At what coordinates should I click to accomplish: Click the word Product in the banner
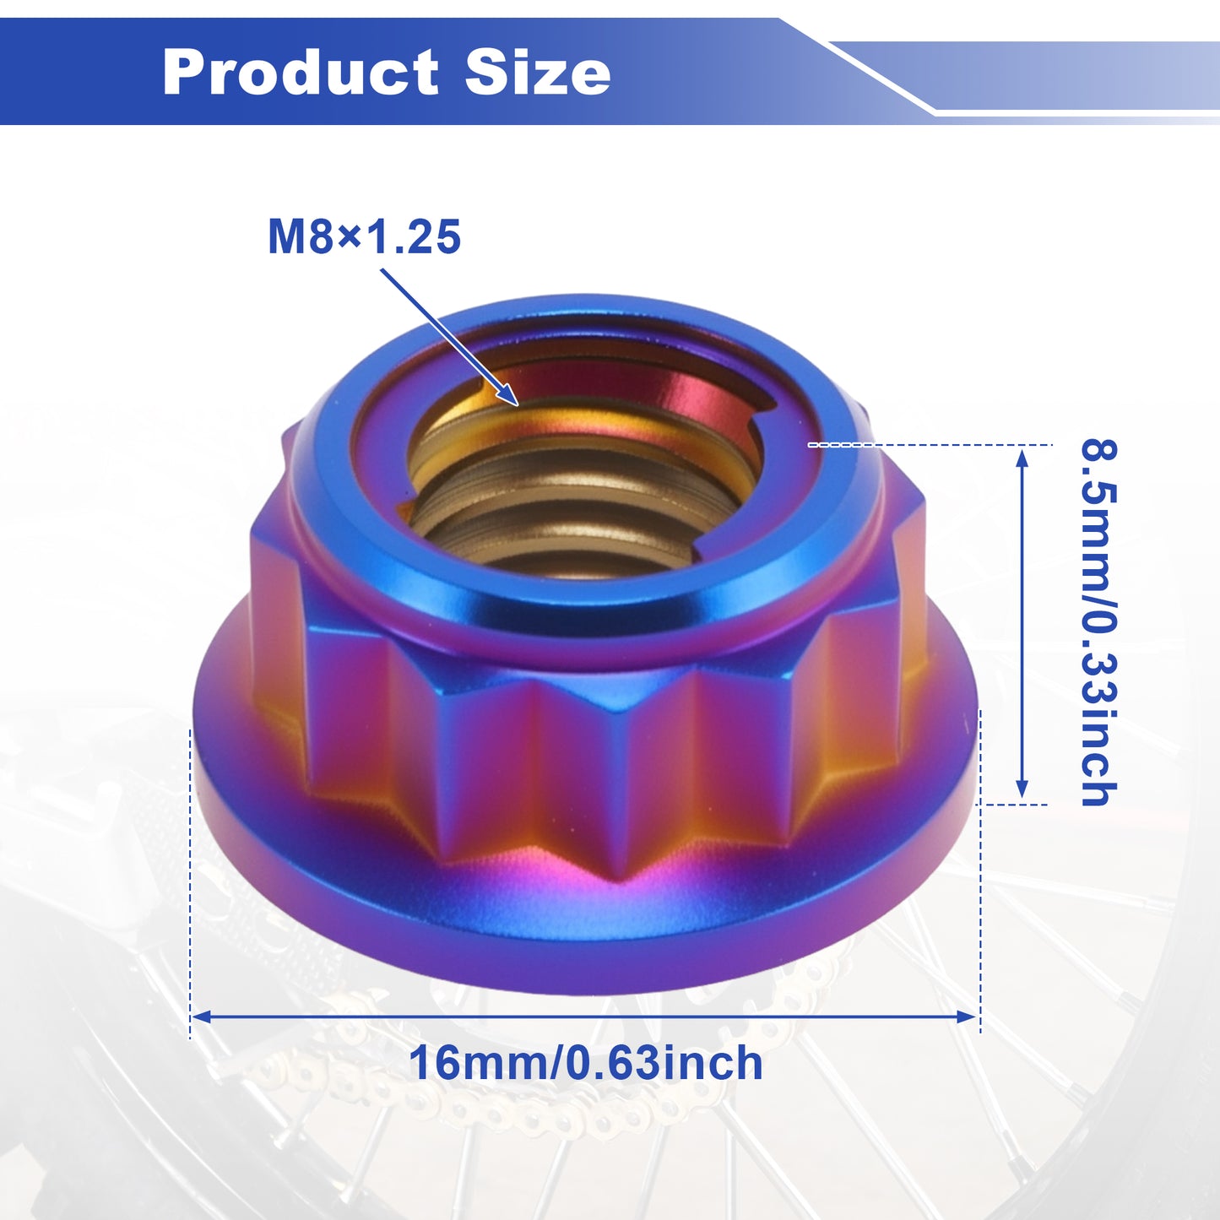(x=300, y=72)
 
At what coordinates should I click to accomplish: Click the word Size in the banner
(x=538, y=72)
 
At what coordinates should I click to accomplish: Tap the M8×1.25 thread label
(x=364, y=236)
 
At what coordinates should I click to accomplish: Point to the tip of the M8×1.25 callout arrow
(x=518, y=404)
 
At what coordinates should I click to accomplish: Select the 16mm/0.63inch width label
(x=586, y=1064)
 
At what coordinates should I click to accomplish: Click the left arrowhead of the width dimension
(x=201, y=1017)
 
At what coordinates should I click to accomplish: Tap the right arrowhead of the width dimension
(x=966, y=1017)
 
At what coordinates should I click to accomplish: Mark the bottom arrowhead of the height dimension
(x=1022, y=789)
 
